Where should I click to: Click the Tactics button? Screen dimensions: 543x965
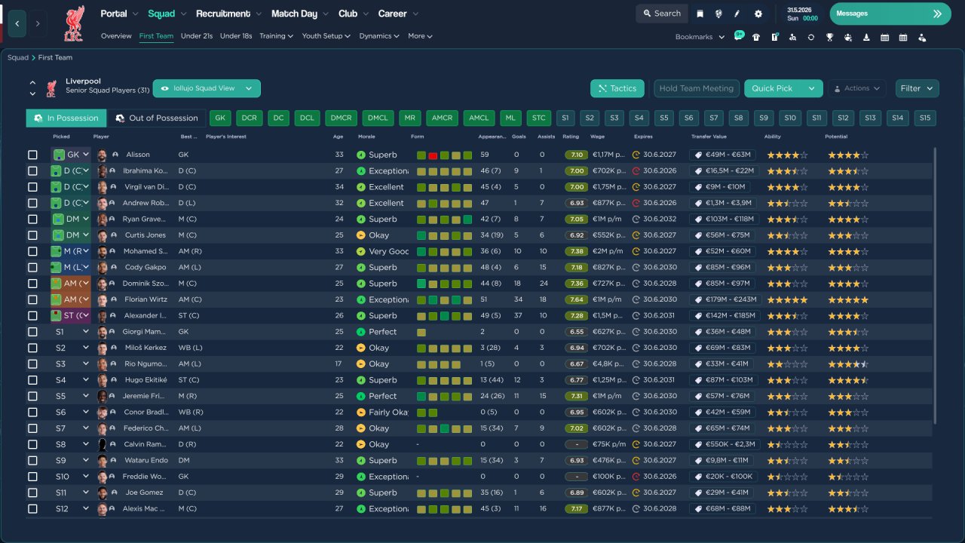(617, 88)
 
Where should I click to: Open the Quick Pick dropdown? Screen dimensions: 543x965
(811, 88)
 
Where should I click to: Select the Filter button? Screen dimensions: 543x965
(917, 88)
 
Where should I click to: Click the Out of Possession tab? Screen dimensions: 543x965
(157, 118)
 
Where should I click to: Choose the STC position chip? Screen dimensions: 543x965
(538, 118)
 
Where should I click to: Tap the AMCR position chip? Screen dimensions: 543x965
(442, 118)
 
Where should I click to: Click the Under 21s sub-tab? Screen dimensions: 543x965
(197, 35)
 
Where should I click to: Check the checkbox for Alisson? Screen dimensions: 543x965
(32, 155)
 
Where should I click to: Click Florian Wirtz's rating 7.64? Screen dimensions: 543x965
(575, 299)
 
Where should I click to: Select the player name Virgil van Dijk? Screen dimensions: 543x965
(147, 187)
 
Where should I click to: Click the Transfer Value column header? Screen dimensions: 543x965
(708, 137)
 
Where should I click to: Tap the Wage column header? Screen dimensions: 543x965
(597, 137)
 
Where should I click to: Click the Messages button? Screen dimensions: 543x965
(890, 14)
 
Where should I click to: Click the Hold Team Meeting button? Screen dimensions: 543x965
(696, 88)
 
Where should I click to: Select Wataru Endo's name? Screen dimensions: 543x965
(146, 460)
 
